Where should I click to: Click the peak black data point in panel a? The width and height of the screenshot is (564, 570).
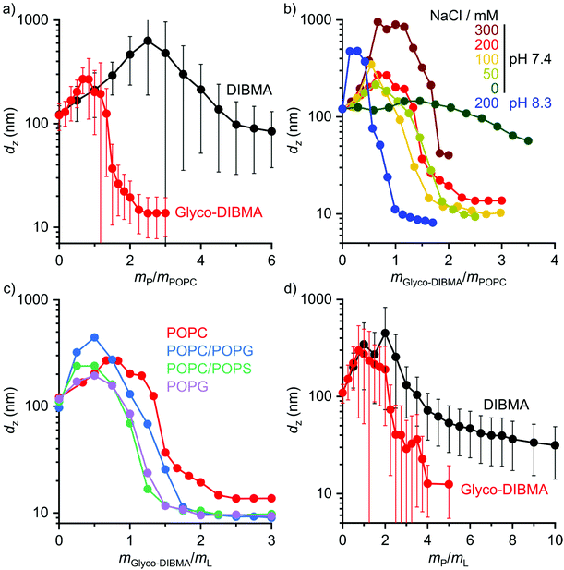[148, 41]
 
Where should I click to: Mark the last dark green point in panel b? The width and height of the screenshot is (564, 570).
[527, 141]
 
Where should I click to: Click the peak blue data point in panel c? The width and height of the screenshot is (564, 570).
[94, 338]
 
